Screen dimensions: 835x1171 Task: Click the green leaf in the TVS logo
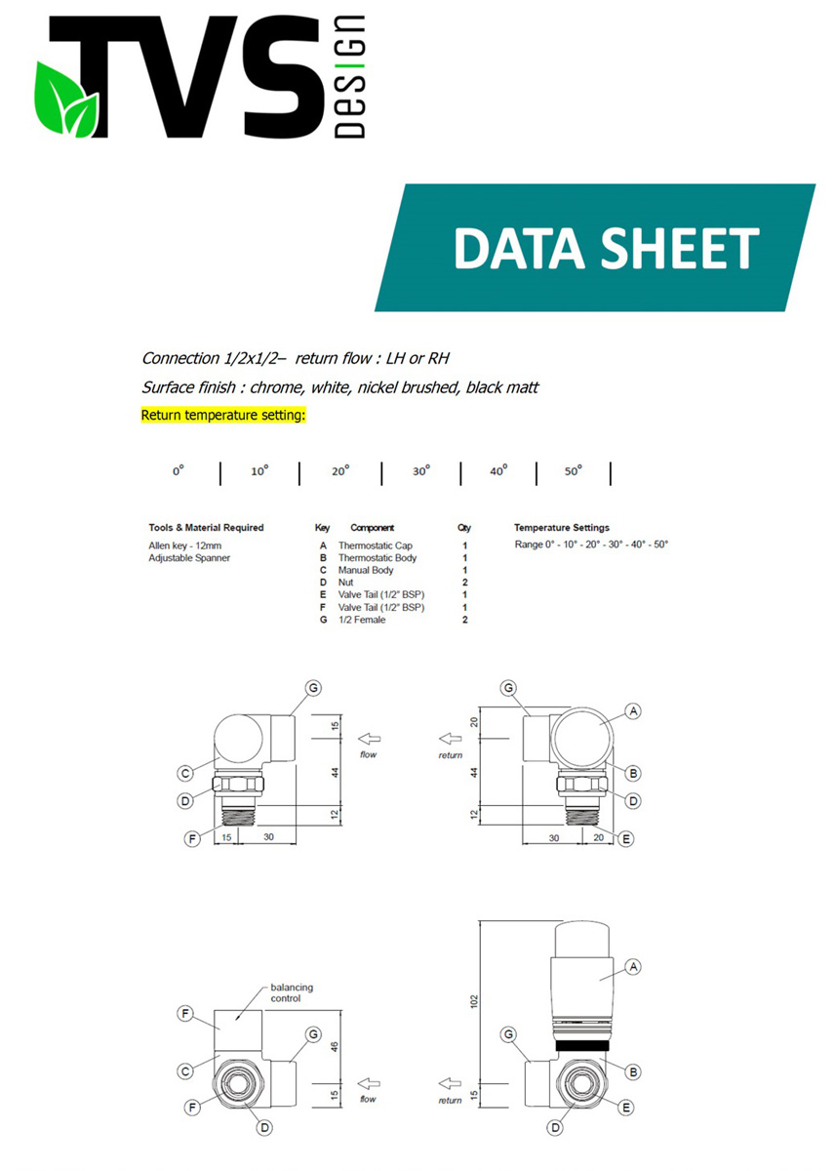pyautogui.click(x=65, y=100)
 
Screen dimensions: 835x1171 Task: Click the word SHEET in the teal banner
pyautogui.click(x=679, y=249)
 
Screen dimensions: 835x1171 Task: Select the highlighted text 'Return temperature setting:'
pyautogui.click(x=223, y=415)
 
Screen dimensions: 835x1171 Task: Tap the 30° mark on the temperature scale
pyautogui.click(x=421, y=471)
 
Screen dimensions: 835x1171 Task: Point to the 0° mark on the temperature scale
pyautogui.click(x=179, y=471)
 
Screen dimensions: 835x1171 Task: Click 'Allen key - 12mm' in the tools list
pyautogui.click(x=185, y=545)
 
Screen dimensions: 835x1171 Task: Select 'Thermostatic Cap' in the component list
pyautogui.click(x=375, y=545)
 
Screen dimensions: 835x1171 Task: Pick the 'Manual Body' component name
pyautogui.click(x=365, y=570)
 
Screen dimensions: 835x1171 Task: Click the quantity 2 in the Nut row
pyautogui.click(x=464, y=583)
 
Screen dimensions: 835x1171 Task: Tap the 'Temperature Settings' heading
pyautogui.click(x=561, y=528)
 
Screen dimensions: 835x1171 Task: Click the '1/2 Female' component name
pyautogui.click(x=362, y=620)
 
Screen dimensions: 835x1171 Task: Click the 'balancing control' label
pyautogui.click(x=291, y=992)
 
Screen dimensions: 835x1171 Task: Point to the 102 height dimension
pyautogui.click(x=474, y=1001)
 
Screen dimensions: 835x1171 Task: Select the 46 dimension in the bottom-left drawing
pyautogui.click(x=335, y=1047)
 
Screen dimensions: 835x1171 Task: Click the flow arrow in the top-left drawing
pyautogui.click(x=369, y=739)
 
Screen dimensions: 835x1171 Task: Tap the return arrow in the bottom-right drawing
pyautogui.click(x=450, y=1084)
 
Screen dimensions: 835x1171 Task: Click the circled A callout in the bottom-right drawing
pyautogui.click(x=633, y=967)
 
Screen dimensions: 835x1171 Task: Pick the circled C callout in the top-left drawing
pyautogui.click(x=185, y=773)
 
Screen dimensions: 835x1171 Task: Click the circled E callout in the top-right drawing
pyautogui.click(x=625, y=839)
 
